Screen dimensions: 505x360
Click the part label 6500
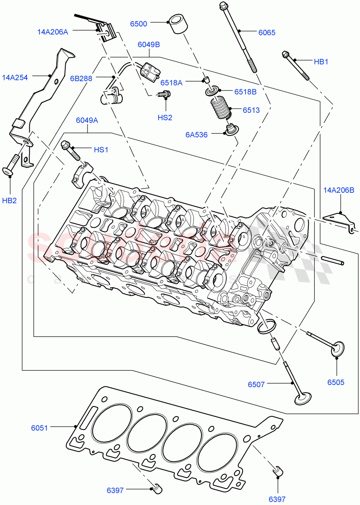click(x=138, y=24)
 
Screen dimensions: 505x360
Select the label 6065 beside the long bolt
click(x=267, y=32)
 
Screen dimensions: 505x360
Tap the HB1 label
click(x=321, y=61)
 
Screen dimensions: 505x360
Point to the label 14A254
click(x=15, y=77)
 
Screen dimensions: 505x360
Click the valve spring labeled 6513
click(x=221, y=108)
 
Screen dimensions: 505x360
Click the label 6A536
click(x=197, y=135)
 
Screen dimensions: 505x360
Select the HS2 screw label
click(x=165, y=118)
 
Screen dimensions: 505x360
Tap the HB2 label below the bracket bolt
click(x=9, y=200)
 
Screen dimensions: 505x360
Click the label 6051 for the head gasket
click(x=39, y=428)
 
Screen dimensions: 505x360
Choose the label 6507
click(x=256, y=384)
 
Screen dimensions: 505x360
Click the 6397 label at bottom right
click(x=277, y=499)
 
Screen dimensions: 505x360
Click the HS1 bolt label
click(x=101, y=149)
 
